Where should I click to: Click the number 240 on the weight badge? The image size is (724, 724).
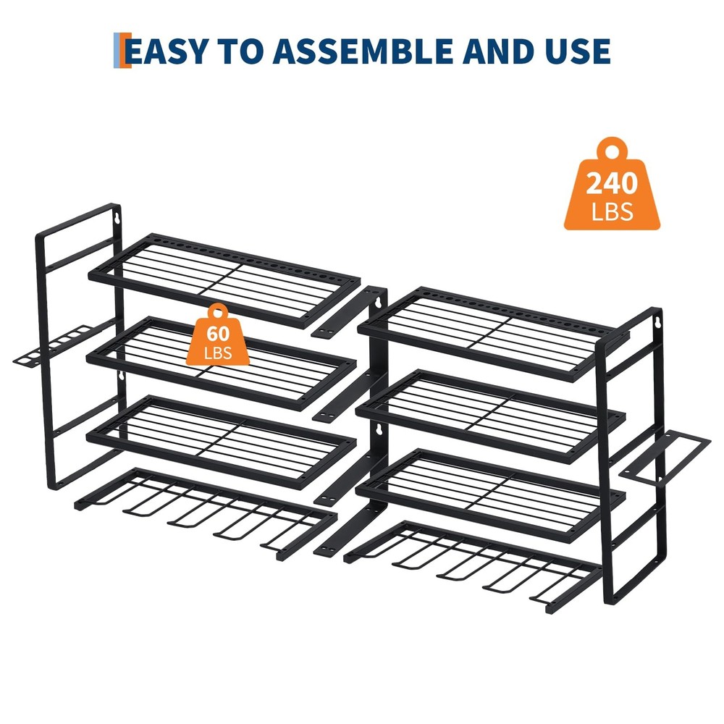pyautogui.click(x=612, y=183)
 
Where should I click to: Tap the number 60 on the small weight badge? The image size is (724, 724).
pyautogui.click(x=218, y=334)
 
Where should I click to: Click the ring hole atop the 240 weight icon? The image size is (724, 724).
pyautogui.click(x=613, y=152)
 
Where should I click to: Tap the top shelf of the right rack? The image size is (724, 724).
pyautogui.click(x=492, y=330)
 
